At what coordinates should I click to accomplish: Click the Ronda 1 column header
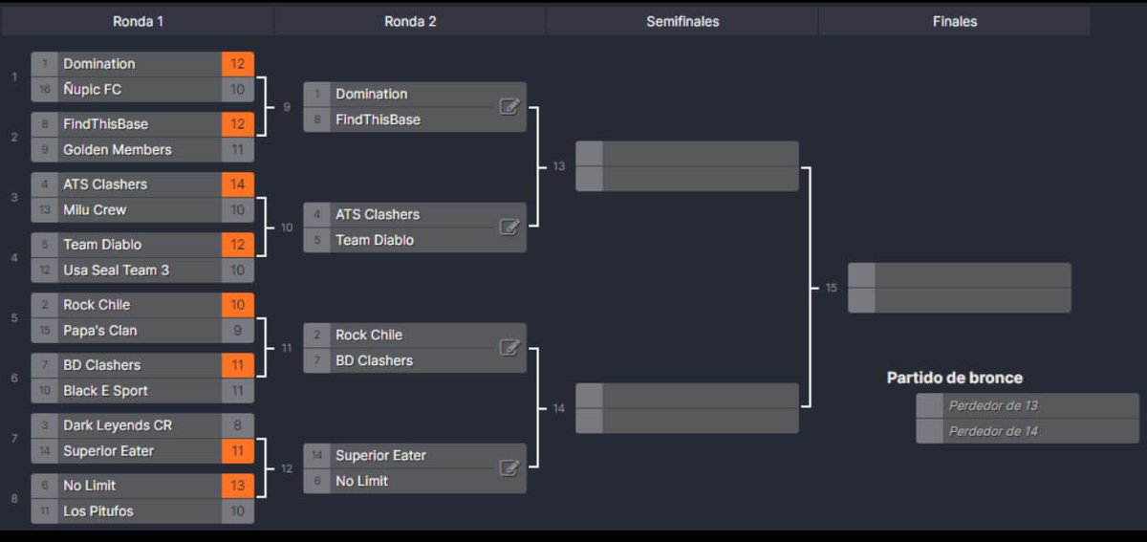[138, 21]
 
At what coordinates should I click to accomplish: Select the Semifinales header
[682, 21]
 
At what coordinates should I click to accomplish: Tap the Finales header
[954, 21]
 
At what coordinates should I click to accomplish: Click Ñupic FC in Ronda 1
[92, 90]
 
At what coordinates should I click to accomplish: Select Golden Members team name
[117, 150]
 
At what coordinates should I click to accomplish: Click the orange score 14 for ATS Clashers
[238, 184]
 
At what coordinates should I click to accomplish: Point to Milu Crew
[95, 210]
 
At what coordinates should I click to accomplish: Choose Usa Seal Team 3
[116, 271]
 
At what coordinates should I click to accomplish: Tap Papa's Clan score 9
[238, 331]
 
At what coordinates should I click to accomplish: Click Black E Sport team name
[105, 391]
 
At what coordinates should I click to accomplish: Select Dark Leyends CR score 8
[238, 425]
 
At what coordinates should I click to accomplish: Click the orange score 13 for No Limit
[238, 486]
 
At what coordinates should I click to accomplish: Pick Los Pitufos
[97, 511]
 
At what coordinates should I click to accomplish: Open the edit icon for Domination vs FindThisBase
[509, 107]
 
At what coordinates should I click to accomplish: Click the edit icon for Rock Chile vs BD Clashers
[509, 348]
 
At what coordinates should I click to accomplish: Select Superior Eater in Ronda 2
[380, 456]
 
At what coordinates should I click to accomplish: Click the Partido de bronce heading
[954, 378]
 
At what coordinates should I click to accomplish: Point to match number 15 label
[831, 288]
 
